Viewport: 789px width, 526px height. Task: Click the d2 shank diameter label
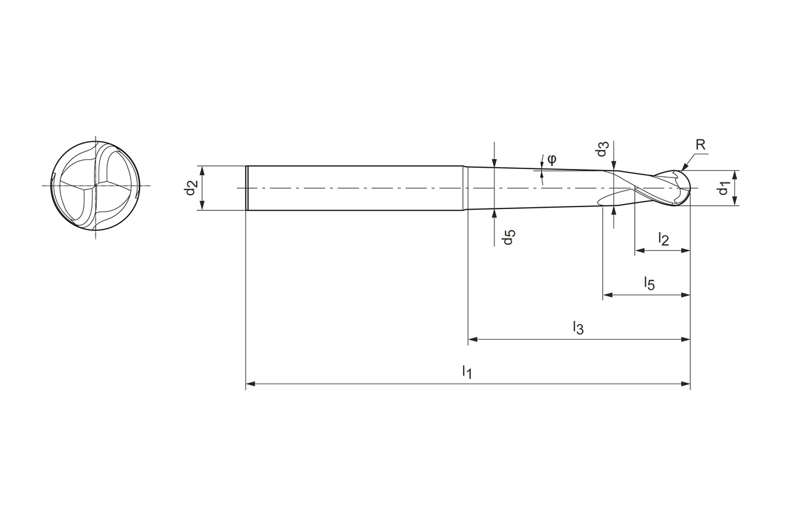[191, 187]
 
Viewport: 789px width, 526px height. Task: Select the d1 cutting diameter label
[724, 187]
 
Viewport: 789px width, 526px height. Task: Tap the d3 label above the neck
[602, 150]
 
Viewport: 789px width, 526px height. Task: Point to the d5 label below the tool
[508, 237]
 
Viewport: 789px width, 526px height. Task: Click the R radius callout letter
[700, 145]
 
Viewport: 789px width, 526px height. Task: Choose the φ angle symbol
[552, 158]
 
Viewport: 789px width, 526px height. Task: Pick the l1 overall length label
[467, 371]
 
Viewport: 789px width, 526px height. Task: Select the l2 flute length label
[663, 239]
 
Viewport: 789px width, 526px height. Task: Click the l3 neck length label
[578, 327]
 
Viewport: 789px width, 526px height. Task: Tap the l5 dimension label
[649, 283]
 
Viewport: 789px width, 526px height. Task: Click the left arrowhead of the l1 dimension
[250, 384]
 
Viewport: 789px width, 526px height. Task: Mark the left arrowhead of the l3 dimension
[473, 339]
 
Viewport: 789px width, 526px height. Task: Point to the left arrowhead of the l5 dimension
[608, 295]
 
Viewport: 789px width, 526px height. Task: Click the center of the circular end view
[96, 186]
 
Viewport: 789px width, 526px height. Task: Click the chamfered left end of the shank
[247, 188]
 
